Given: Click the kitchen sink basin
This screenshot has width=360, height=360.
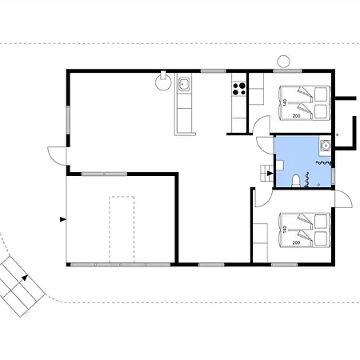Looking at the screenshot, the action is (x=184, y=84).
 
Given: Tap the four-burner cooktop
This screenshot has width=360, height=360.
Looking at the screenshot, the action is (x=239, y=89).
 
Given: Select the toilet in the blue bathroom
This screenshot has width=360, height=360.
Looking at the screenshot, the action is (x=295, y=181).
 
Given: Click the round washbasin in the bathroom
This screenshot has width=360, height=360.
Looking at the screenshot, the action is (x=326, y=146).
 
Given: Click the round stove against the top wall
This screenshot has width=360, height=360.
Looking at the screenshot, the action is (x=163, y=82).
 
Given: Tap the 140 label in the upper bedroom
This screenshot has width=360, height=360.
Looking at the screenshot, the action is (x=285, y=102).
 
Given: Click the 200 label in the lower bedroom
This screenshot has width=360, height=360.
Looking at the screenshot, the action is (x=296, y=242).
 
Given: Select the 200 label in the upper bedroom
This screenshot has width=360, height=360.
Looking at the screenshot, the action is (x=296, y=116).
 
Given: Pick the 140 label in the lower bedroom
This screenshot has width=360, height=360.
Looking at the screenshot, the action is (x=285, y=230).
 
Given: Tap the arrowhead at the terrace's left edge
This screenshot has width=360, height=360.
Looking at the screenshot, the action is (x=63, y=219).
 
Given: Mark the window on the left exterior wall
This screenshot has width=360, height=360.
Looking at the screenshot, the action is (x=68, y=120).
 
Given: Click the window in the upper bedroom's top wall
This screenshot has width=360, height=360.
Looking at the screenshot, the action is (x=287, y=71).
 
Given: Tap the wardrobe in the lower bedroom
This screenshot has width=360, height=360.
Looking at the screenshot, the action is (x=260, y=242).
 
